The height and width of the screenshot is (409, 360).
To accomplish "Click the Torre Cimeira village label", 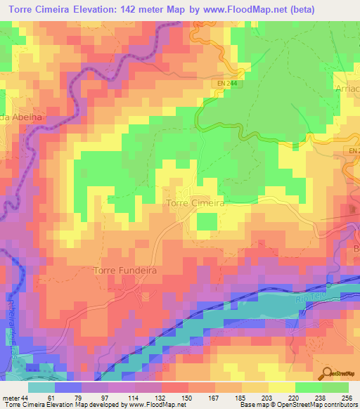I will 195,202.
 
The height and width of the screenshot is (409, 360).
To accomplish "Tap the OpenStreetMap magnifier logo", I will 328,375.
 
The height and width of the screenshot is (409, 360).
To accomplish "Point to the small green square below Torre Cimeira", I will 206,221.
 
